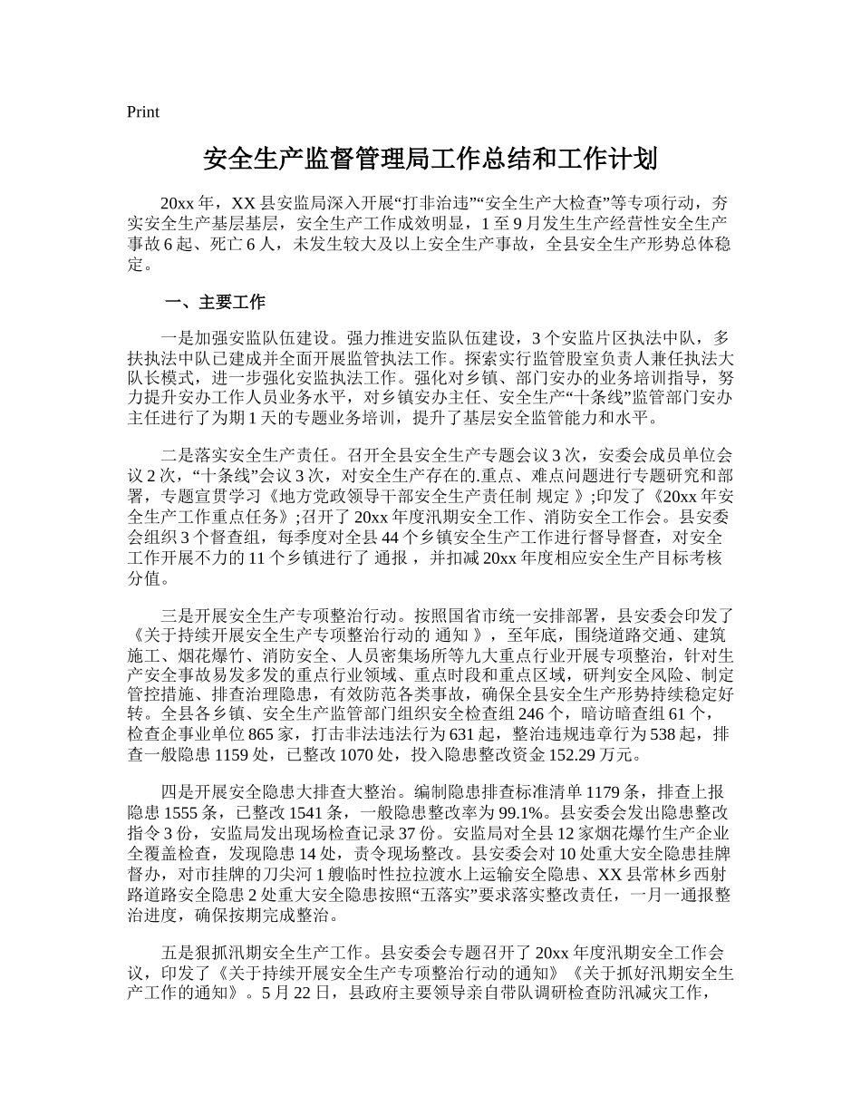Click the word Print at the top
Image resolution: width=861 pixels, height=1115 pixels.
tap(143, 112)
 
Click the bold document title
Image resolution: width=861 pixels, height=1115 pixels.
tap(430, 160)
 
